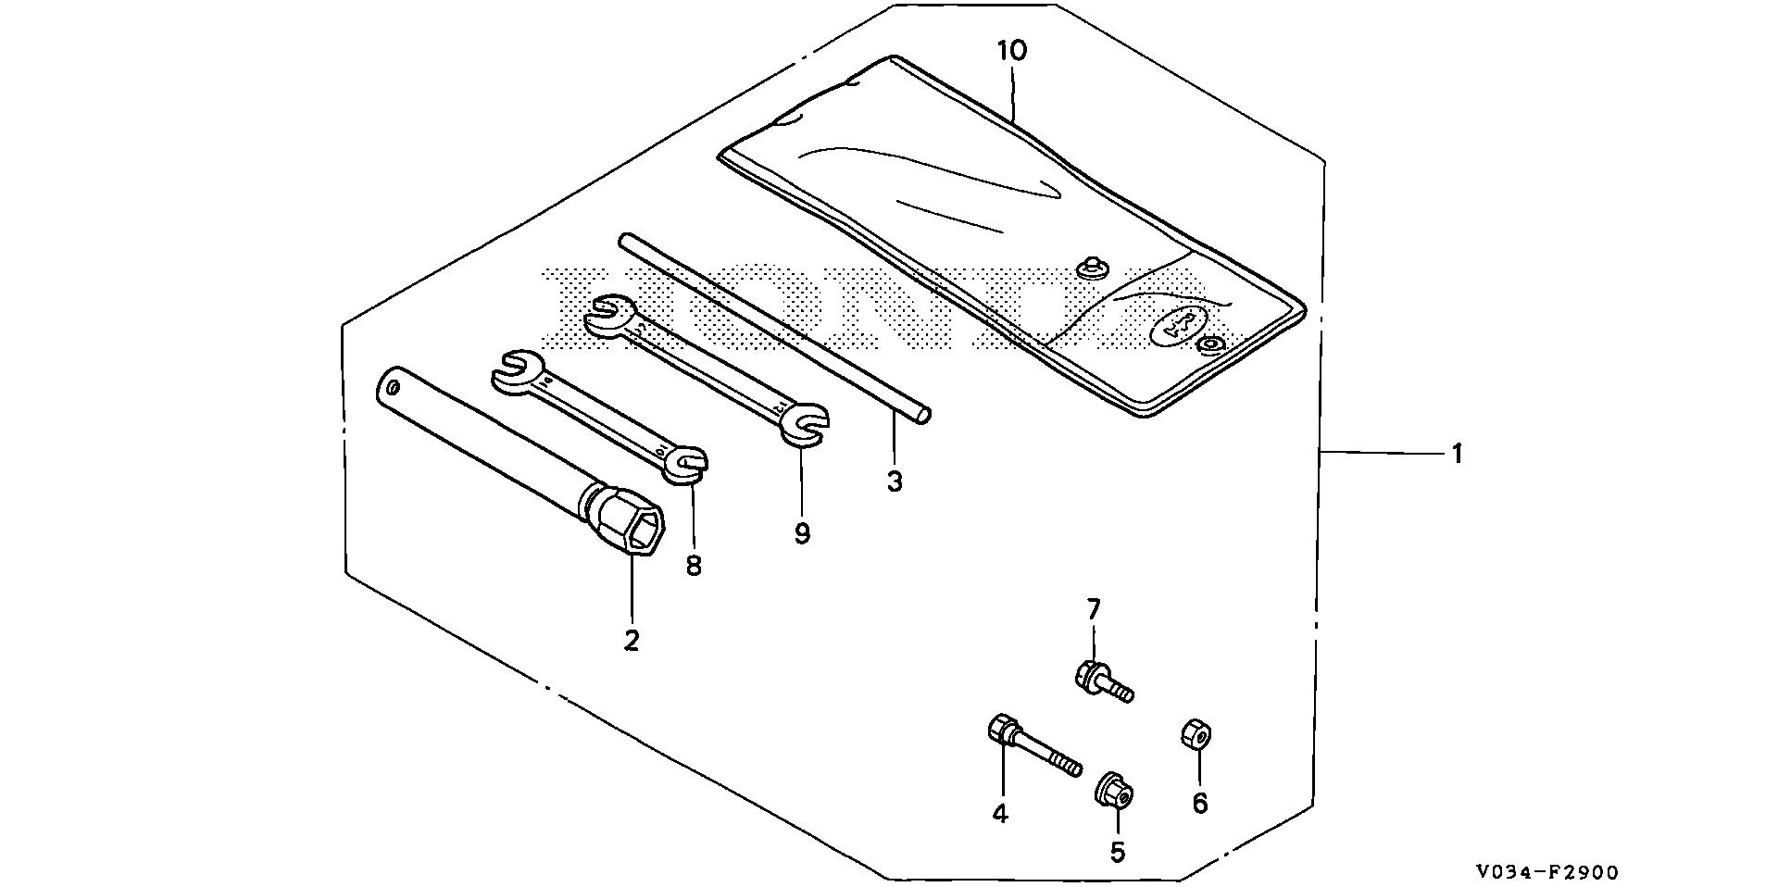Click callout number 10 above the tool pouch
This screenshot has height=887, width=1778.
[x=1012, y=51]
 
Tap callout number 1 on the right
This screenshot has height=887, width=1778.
[x=1457, y=454]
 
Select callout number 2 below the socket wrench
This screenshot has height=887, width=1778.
[x=632, y=640]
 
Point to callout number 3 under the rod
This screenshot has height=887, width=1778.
[x=894, y=481]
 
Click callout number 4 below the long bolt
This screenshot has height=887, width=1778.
[x=1000, y=814]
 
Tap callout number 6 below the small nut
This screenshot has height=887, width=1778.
[x=1200, y=803]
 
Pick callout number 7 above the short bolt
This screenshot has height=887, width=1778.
[x=1094, y=609]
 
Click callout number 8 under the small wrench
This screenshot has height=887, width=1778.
[x=694, y=565]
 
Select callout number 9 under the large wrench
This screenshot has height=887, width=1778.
[x=802, y=533]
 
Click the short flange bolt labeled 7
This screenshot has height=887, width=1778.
[x=1102, y=682]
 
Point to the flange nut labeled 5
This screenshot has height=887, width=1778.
[x=1115, y=792]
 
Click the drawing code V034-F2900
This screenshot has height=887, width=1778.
[x=1546, y=871]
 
